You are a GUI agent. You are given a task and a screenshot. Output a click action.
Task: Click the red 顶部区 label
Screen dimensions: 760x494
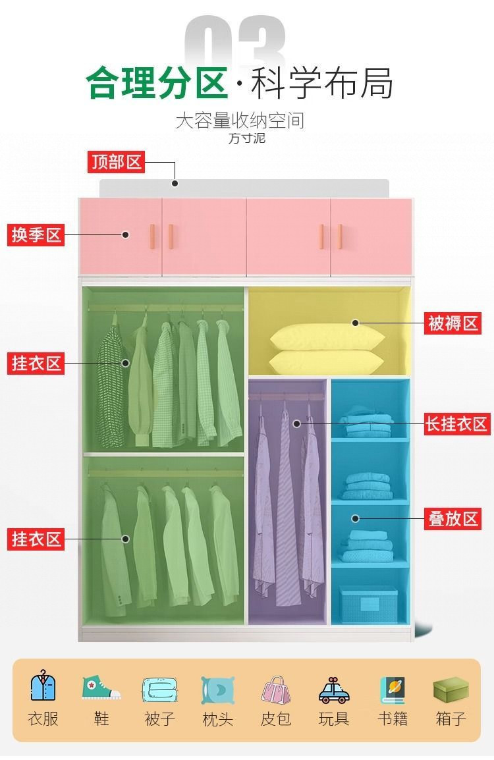tap(116, 162)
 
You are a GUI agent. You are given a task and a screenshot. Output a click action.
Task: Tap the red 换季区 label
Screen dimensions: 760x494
tap(36, 234)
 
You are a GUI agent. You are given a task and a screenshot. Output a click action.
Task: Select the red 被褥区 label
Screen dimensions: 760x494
tap(453, 323)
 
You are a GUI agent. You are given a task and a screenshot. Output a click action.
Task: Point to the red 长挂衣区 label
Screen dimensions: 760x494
tap(456, 423)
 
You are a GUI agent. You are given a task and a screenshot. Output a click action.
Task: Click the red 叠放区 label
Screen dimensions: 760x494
tap(454, 518)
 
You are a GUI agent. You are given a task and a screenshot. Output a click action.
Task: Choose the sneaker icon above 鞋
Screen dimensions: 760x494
tap(101, 688)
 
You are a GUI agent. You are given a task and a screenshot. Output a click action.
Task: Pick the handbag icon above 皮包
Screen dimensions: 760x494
tap(275, 690)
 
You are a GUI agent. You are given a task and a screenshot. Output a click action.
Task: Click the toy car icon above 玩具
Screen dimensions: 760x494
tap(333, 690)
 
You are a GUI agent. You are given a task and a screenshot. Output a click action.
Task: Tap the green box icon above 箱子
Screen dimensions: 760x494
tap(451, 689)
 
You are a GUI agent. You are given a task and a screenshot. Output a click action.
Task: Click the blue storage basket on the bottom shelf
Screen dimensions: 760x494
tap(368, 605)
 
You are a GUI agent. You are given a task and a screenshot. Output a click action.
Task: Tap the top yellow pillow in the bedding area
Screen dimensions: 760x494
tap(327, 337)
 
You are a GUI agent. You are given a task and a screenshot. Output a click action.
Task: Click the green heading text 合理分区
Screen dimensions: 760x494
tap(156, 83)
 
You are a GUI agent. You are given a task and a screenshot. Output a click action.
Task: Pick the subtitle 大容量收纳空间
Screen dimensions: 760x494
tap(240, 121)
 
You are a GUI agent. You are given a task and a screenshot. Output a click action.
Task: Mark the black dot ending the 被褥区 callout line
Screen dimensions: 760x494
tap(355, 323)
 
